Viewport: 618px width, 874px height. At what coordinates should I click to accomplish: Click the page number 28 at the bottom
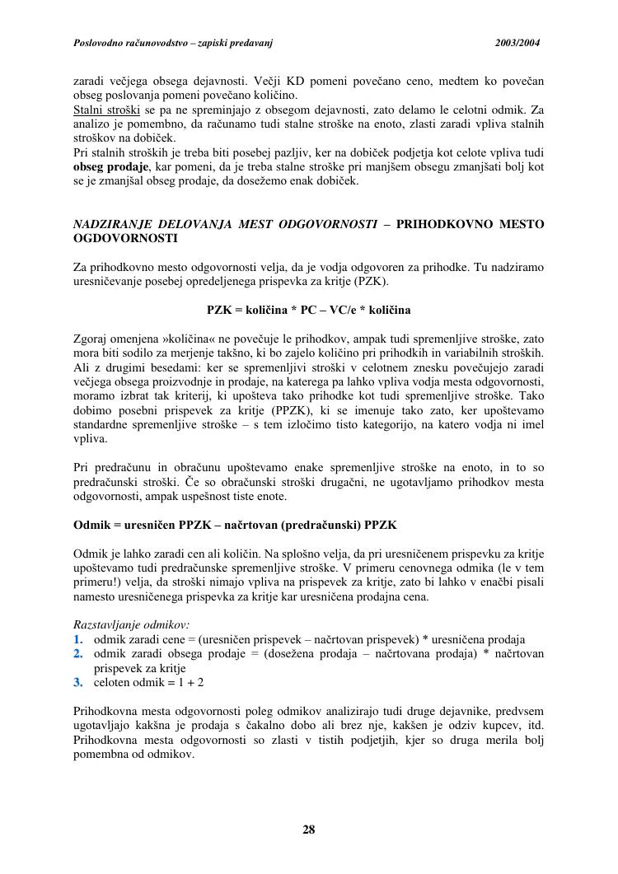pyautogui.click(x=309, y=830)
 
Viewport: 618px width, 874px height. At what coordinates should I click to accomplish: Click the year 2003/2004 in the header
pyautogui.click(x=518, y=42)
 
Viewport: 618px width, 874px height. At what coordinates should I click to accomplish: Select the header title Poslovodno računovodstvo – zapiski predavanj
pyautogui.click(x=173, y=42)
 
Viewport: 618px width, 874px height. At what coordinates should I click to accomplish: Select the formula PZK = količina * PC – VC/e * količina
pyautogui.click(x=308, y=310)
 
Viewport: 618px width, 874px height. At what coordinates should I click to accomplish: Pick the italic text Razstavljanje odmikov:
pyautogui.click(x=132, y=625)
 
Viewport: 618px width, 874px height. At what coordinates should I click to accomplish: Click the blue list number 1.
pyautogui.click(x=78, y=639)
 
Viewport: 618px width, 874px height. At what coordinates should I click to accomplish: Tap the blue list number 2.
pyautogui.click(x=78, y=653)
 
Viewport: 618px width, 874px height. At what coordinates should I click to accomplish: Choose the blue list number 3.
pyautogui.click(x=78, y=683)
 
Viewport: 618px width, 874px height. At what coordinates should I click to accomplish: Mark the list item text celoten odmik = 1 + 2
pyautogui.click(x=148, y=683)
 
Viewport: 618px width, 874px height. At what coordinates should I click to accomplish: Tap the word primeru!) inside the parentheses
pyautogui.click(x=98, y=582)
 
